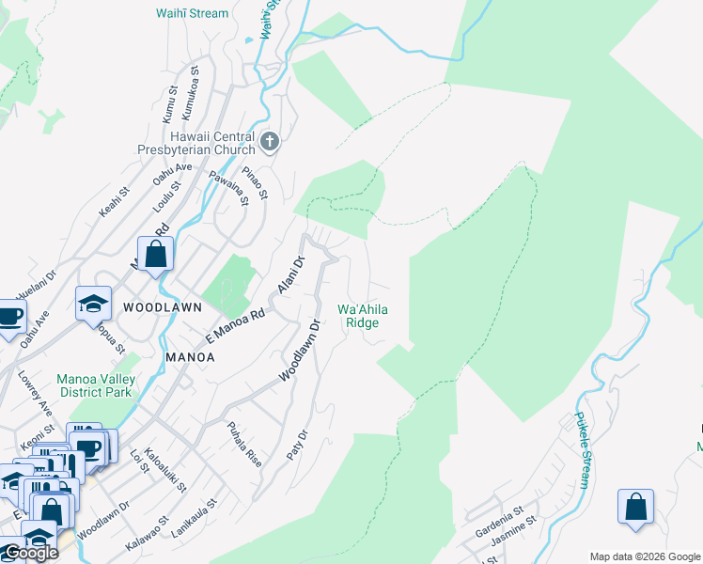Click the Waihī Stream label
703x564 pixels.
[193, 13]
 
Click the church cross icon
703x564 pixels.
[270, 143]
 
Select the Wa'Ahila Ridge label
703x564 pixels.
[363, 316]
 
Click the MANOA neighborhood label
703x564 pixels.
[190, 357]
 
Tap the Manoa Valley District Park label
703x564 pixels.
[95, 385]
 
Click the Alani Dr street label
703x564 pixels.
[289, 274]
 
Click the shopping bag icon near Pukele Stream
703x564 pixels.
[635, 506]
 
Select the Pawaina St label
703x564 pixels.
[228, 186]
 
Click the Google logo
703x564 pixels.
[30, 553]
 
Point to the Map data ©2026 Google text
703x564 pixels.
[645, 556]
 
